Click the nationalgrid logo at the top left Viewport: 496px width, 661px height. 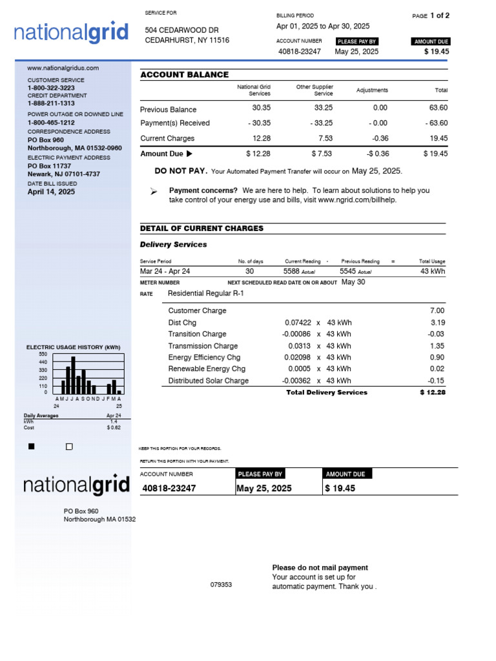67,33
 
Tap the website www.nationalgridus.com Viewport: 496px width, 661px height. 63,68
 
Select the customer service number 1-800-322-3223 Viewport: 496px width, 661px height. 50,88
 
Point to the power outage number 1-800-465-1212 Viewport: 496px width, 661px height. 50,123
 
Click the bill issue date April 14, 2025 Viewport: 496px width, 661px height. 51,192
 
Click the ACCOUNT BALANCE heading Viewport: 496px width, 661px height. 184,75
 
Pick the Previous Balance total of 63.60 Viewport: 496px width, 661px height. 438,108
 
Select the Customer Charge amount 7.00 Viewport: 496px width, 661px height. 437,310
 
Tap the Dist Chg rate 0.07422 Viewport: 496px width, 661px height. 298,322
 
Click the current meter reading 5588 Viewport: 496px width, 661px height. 292,271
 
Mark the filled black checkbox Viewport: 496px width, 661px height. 32,447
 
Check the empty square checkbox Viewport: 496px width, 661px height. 69,447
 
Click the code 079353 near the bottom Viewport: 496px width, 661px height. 221,585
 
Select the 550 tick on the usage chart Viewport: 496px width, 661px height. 43,354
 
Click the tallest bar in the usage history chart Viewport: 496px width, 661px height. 73,375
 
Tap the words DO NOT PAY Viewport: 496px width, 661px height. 181,171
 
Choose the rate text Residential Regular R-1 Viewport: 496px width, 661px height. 205,293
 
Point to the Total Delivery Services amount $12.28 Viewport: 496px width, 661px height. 432,392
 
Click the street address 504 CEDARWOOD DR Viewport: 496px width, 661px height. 181,30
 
